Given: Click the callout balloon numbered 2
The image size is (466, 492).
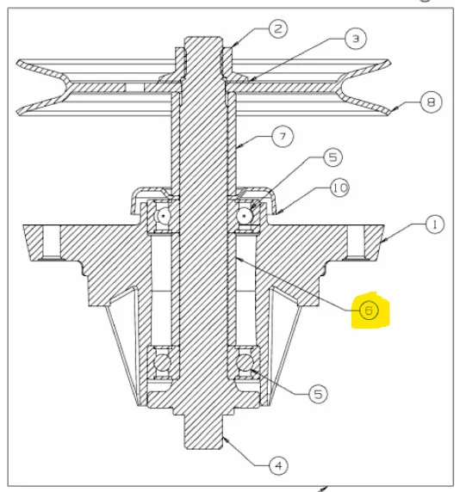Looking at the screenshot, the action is [x=278, y=29].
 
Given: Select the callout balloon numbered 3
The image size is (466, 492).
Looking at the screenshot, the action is [x=356, y=39].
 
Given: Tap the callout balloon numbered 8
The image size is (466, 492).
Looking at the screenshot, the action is [x=431, y=102].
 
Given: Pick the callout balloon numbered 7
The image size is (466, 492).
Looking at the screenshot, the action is [x=283, y=137].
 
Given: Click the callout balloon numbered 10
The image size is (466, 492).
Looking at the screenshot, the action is [x=339, y=188].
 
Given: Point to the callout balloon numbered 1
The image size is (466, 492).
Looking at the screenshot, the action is [x=435, y=224].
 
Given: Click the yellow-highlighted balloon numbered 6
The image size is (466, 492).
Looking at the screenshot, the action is [x=369, y=311].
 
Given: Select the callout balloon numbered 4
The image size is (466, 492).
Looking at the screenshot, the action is [x=279, y=465].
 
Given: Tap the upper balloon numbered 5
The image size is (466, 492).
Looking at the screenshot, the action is [x=332, y=157].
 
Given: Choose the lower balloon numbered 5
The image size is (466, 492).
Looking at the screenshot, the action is [x=319, y=394].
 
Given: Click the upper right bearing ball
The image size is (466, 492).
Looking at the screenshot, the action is [x=244, y=216].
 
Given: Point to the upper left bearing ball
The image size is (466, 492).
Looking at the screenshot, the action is [x=164, y=216].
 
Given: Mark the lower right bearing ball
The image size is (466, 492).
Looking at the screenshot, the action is [x=245, y=363].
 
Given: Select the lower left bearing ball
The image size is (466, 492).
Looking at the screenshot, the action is [x=163, y=363].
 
